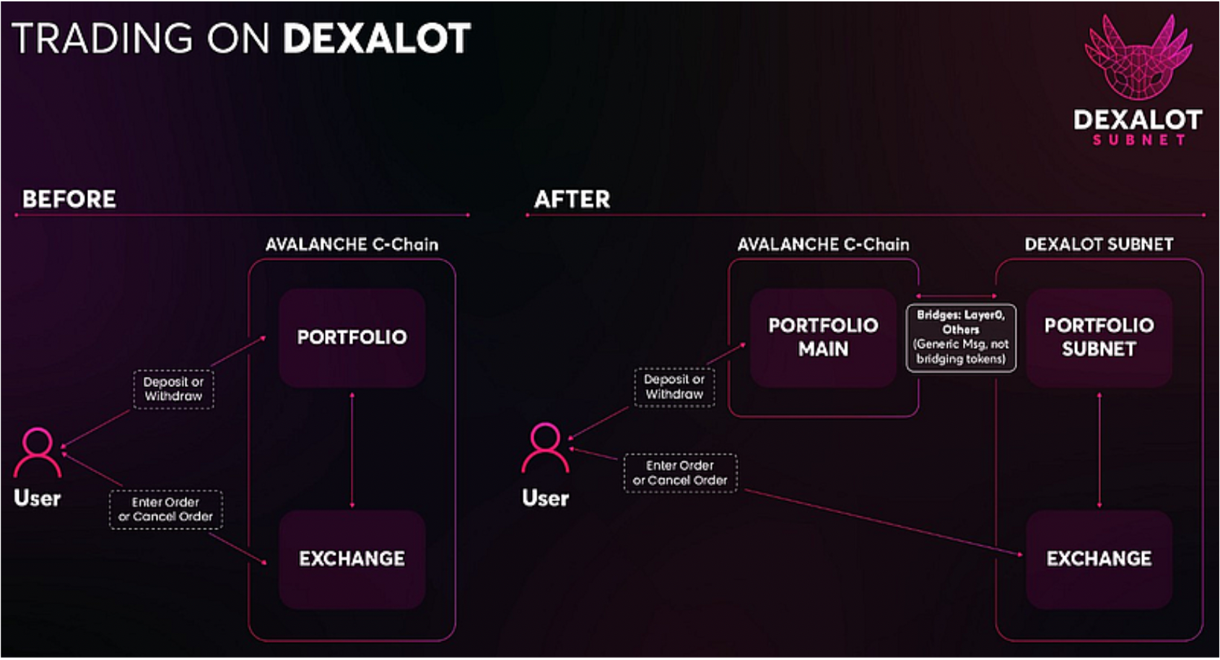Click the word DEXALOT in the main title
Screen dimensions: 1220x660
tap(376, 38)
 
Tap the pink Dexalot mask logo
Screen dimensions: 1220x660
tap(1138, 58)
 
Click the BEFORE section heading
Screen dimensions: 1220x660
tap(69, 199)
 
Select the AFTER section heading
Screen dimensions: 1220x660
tap(572, 199)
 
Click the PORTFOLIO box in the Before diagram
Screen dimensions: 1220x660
tap(352, 337)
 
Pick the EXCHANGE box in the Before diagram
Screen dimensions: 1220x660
tap(352, 558)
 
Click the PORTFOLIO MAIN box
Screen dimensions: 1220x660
tap(823, 337)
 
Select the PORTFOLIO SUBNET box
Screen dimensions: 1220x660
tap(1099, 337)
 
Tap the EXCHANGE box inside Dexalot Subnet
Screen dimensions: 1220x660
tap(1099, 558)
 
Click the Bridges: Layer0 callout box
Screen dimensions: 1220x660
tap(961, 337)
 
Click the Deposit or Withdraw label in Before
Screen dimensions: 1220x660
tap(173, 389)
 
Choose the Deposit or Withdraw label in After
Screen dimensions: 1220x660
tap(674, 387)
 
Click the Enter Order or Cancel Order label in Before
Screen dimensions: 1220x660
tap(165, 510)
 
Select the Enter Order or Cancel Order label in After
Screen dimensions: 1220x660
tap(680, 473)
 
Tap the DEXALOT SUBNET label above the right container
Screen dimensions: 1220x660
tap(1099, 245)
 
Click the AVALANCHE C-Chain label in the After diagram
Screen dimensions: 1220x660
tap(823, 245)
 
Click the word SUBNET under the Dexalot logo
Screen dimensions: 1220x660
tap(1139, 140)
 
